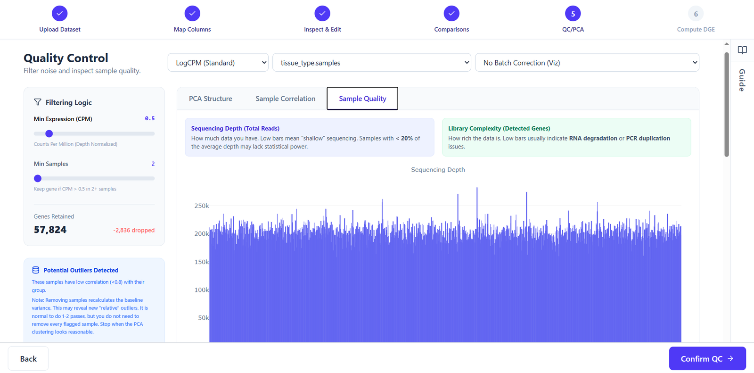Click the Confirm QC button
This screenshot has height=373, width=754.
click(707, 358)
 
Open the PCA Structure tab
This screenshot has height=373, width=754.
click(210, 99)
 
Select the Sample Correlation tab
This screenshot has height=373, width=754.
click(286, 99)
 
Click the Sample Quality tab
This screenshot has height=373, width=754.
click(362, 99)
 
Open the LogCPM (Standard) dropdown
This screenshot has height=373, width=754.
click(218, 62)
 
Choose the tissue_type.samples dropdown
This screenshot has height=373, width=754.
click(372, 62)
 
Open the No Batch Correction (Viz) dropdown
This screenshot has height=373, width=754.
click(587, 62)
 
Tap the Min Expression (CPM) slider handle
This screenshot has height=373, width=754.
click(49, 134)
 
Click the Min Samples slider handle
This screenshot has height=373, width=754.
click(38, 179)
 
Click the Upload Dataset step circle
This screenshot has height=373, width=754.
click(59, 14)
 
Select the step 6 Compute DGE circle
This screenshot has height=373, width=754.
click(696, 14)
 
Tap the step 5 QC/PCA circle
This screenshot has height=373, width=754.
click(573, 14)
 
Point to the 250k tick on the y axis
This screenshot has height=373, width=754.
click(202, 206)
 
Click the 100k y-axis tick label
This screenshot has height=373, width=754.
click(202, 290)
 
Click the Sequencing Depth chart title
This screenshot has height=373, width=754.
click(438, 169)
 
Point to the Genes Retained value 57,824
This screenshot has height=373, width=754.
click(50, 230)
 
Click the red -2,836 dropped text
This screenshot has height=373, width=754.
click(134, 230)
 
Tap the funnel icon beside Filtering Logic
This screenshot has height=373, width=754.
click(38, 102)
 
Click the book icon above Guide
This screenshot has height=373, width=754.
click(742, 50)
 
